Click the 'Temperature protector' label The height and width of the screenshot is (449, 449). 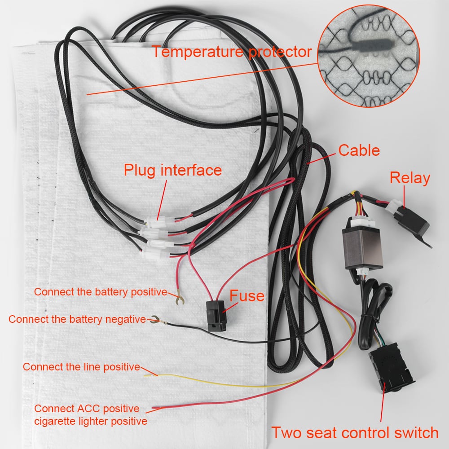point(232,52)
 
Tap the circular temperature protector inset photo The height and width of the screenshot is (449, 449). point(369,56)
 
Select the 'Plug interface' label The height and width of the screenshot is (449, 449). point(173,170)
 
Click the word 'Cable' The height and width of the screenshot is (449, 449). point(359,150)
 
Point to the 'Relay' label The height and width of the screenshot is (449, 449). point(410,178)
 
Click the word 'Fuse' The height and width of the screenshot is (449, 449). point(247,296)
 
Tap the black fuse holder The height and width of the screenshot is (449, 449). point(216,316)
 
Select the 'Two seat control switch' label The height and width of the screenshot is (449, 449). point(355,432)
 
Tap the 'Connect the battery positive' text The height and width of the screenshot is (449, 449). point(101,292)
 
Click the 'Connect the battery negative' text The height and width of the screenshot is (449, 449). point(77,319)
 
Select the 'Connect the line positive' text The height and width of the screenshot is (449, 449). point(82,367)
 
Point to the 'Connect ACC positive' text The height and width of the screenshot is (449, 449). point(87,409)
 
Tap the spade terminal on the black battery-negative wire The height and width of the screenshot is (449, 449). point(157,320)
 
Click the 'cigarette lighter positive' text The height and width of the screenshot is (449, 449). point(91,421)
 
